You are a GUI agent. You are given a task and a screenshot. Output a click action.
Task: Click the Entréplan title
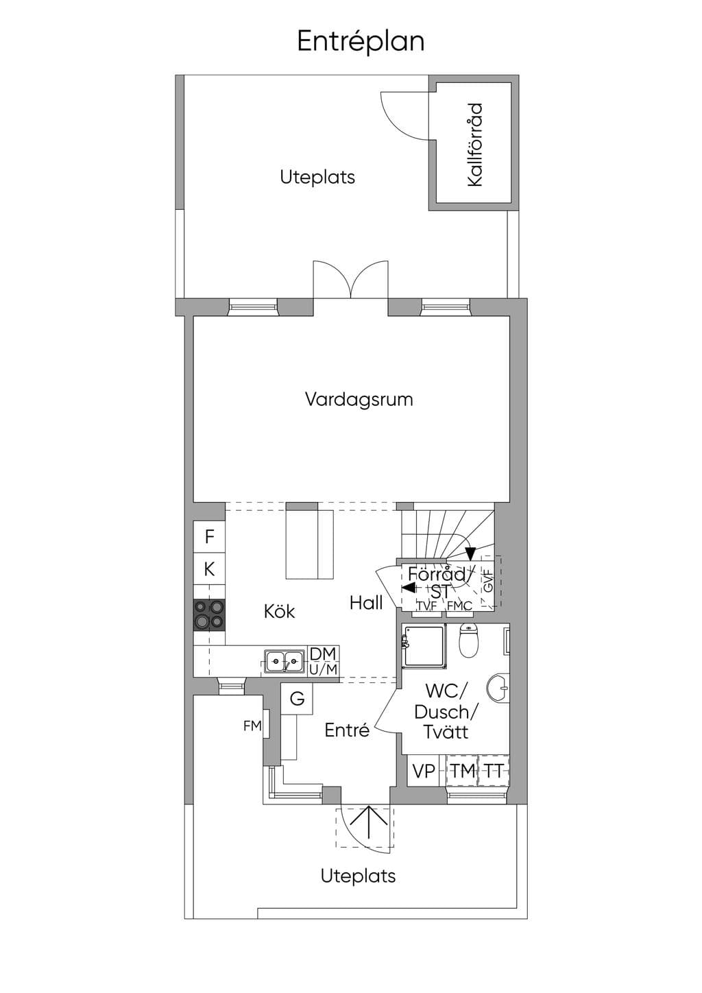[361, 42]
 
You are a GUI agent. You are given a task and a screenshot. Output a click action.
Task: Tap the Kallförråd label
[474, 145]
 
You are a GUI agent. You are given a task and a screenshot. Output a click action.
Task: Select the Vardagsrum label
[359, 399]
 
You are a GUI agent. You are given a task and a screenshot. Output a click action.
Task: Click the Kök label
[279, 611]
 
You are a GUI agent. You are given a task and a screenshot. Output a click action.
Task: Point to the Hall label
[366, 603]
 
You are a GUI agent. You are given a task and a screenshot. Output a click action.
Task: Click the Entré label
[347, 730]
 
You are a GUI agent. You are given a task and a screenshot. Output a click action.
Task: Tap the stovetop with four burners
[209, 614]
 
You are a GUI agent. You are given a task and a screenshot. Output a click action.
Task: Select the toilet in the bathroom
[468, 640]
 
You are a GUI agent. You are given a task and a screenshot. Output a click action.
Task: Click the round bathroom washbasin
[498, 689]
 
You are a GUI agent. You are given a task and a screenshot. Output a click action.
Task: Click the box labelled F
[209, 537]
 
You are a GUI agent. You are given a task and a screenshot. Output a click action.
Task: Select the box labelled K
[209, 569]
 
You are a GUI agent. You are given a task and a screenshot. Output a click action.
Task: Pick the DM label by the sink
[323, 654]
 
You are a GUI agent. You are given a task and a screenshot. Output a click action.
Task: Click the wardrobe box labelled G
[297, 699]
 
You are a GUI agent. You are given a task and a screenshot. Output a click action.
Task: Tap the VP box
[423, 771]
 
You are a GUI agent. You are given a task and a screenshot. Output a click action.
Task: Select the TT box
[494, 771]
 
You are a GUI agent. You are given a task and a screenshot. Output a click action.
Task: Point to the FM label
[252, 726]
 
